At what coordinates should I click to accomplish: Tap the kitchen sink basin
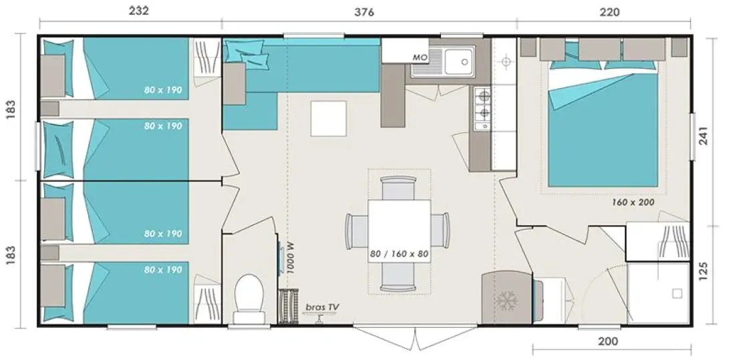[460, 61]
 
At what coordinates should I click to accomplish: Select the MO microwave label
[420, 57]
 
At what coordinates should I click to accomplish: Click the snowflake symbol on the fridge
[506, 300]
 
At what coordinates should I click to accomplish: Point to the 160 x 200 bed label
[633, 202]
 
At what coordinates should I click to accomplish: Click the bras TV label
[323, 307]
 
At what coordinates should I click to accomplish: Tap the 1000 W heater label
[291, 257]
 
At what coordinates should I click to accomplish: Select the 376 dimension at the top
[364, 12]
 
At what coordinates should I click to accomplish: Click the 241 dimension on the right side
[704, 136]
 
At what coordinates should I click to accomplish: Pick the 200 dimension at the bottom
[609, 341]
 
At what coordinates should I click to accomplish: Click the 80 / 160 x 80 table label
[400, 254]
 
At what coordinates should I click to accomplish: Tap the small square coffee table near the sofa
[329, 118]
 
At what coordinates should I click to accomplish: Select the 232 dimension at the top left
[139, 11]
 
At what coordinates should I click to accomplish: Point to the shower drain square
[676, 293]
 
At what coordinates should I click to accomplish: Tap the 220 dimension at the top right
[609, 12]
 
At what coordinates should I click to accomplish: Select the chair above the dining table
[398, 188]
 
